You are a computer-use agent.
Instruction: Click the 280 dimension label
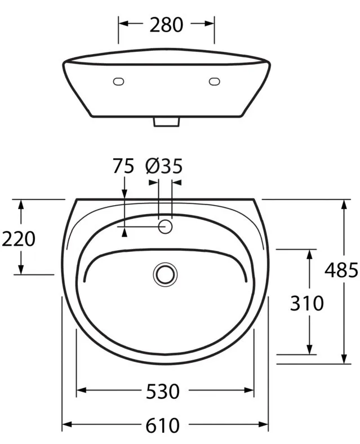pos(166,25)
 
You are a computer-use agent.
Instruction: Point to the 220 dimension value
pos(19,239)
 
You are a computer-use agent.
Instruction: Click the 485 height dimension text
pos(341,270)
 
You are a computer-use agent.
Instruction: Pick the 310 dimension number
pos(307,303)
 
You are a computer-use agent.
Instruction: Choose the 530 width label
pos(163,392)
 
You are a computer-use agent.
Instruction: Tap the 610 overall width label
pos(163,425)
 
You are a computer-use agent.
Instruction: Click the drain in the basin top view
pos(165,274)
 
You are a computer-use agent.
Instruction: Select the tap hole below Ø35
pos(165,227)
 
